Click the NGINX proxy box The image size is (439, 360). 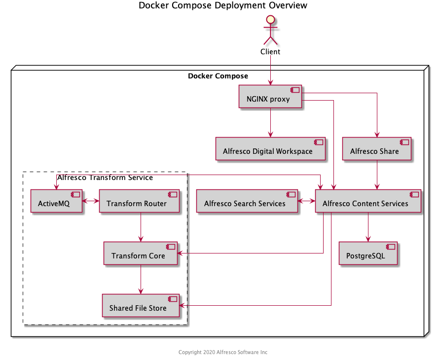(270, 97)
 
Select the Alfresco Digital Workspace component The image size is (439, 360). (270, 148)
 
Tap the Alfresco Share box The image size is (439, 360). (377, 148)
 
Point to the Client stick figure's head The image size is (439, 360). (270, 20)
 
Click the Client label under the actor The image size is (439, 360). (270, 52)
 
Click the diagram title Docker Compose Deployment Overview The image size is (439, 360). (223, 5)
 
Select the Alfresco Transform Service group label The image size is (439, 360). (105, 178)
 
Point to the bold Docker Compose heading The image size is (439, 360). (218, 76)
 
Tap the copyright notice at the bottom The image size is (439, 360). (223, 352)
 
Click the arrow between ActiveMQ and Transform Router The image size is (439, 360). (91, 201)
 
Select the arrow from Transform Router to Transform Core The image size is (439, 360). (141, 227)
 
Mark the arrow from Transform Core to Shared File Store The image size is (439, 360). (141, 279)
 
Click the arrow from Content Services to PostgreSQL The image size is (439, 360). (368, 227)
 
